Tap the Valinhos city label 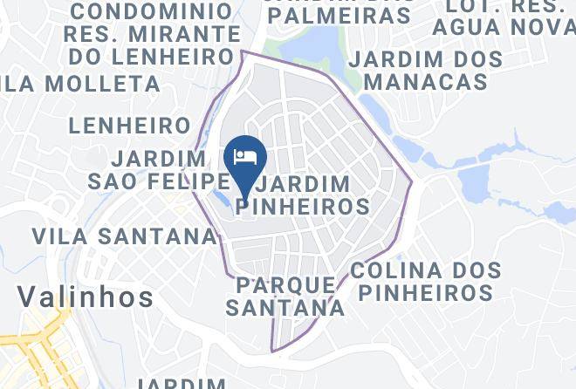click(86, 297)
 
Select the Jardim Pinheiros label click(305, 195)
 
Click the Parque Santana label click(285, 296)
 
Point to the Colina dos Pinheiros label click(426, 280)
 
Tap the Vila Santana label click(124, 235)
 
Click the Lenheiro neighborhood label click(129, 126)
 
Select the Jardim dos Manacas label click(426, 71)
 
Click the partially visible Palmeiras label click(341, 14)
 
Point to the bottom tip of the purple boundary click(272, 351)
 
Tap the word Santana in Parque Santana click(285, 307)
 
